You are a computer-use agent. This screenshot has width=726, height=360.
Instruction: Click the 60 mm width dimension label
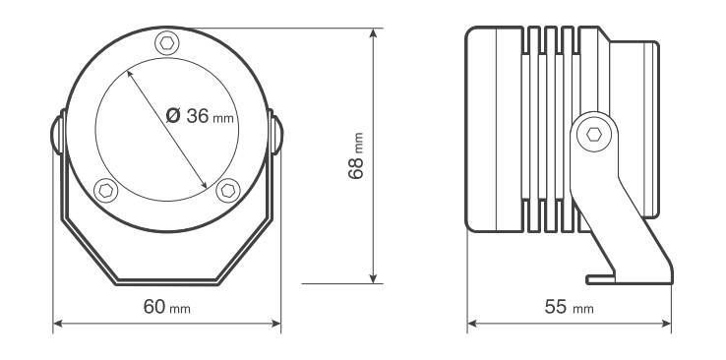(166, 307)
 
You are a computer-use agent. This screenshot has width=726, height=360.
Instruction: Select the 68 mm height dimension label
(356, 156)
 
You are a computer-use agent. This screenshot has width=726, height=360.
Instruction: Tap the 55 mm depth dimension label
(569, 307)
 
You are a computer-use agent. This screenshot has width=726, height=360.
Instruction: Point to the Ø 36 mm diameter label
(200, 116)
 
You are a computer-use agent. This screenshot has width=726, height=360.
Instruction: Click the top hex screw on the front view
(166, 43)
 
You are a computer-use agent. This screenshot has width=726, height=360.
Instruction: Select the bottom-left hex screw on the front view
(105, 190)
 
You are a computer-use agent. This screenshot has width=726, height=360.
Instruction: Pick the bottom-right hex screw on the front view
(228, 190)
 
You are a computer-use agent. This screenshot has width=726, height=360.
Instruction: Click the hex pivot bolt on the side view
(593, 134)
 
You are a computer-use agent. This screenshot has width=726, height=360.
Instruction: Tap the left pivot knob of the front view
(57, 135)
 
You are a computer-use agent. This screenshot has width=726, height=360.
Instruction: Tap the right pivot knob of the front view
(276, 135)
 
